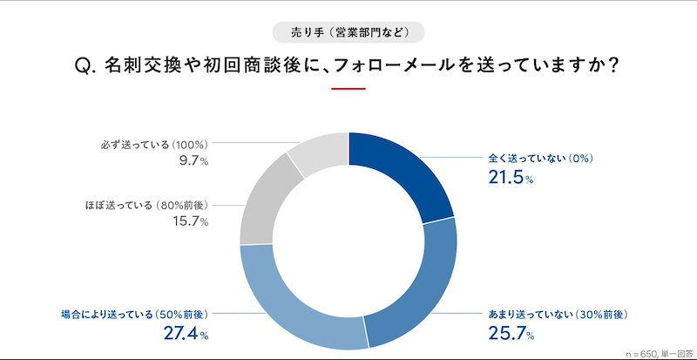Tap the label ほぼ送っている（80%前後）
coord(145,206)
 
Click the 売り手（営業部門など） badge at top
coord(348,33)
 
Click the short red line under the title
coord(348,89)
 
